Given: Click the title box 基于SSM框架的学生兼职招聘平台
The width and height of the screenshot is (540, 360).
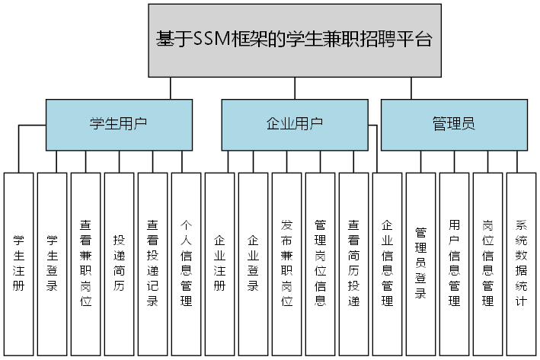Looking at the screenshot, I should (294, 40).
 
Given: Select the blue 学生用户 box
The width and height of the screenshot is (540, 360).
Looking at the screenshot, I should (118, 125).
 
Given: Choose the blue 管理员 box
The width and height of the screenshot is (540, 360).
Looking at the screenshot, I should (453, 125).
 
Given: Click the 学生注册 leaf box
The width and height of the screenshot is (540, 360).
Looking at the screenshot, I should (19, 263).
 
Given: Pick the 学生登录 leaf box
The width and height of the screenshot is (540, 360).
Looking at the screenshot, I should (53, 263).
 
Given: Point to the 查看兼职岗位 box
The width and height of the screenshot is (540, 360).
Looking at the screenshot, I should (86, 263).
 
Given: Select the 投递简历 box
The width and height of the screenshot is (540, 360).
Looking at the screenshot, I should (120, 263).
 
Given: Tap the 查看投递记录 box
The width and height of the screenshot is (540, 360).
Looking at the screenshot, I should (153, 263).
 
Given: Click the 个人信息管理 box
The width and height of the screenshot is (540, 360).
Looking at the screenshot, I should (187, 263).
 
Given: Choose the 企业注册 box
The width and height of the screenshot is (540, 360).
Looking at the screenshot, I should (220, 263).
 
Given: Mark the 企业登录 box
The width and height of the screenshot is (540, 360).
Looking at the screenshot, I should (254, 263).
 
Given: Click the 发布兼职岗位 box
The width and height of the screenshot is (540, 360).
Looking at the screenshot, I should (287, 263).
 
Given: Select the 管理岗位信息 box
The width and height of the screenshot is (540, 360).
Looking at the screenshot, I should (321, 263).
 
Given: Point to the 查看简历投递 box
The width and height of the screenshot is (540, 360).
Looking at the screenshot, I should (354, 263).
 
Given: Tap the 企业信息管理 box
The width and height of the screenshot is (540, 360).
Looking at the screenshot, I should (388, 263).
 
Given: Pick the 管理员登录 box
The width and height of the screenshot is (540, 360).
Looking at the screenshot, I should (421, 263).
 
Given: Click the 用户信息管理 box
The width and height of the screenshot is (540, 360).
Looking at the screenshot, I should (455, 263).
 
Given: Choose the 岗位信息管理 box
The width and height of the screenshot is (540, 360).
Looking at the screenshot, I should (488, 263).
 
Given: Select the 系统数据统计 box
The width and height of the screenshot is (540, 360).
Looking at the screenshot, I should (522, 263).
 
